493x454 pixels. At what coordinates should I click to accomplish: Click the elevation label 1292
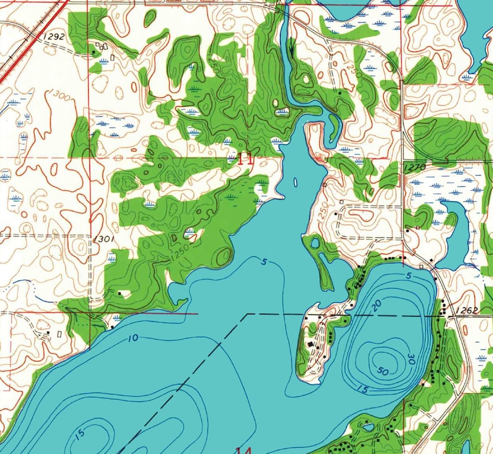pos(55,37)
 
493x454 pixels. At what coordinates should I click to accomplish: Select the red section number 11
pos(245,158)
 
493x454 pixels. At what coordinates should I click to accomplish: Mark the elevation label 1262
pos(467,310)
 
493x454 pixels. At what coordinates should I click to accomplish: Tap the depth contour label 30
pos(411,358)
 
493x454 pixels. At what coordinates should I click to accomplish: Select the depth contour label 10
pos(133,338)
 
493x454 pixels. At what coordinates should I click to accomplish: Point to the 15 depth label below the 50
pos(361,389)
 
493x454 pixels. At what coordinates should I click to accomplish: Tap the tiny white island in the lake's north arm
pos(294,183)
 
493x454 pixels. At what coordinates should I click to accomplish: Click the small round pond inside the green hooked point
pos(315,243)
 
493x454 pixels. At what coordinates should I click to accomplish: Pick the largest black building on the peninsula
pos(310,343)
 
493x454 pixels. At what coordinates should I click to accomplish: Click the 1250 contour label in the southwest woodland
pos(179,255)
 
